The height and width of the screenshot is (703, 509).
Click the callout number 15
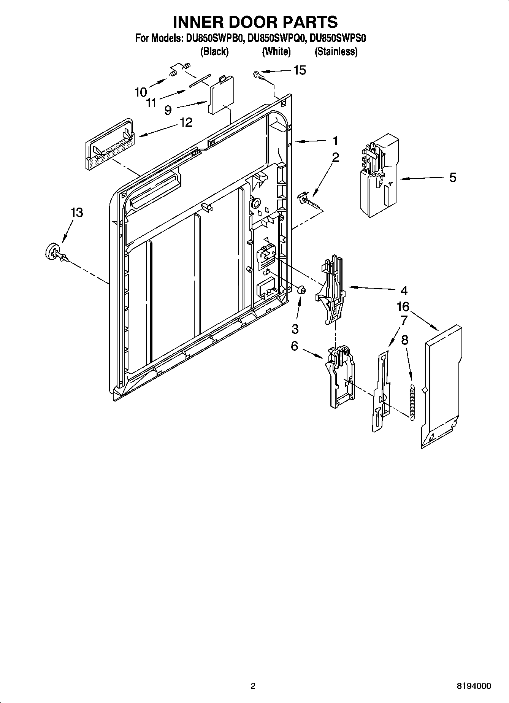(300, 70)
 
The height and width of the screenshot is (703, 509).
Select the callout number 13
(76, 213)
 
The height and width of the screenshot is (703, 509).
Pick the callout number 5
(452, 178)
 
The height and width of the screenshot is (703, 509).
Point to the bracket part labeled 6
(341, 377)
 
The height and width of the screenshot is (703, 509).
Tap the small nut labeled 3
(301, 290)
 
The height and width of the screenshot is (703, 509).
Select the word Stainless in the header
(336, 52)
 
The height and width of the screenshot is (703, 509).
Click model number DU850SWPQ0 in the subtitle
(275, 38)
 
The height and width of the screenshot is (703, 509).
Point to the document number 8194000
(473, 686)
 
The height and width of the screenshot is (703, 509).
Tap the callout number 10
(141, 92)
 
